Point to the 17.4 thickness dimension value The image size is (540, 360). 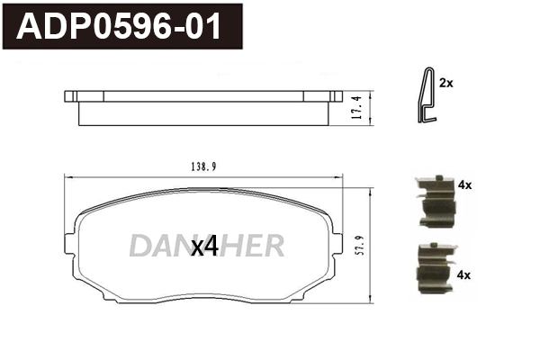pos(357,107)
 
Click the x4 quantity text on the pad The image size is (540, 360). pos(205,246)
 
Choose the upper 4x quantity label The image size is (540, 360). pos(464,184)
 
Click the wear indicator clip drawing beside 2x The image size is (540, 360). pos(425,96)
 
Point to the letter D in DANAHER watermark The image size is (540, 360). pos(139,246)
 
